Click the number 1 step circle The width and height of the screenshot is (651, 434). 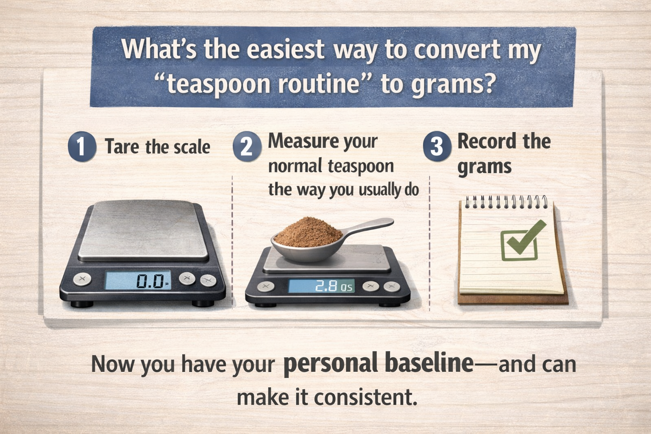[x=82, y=147]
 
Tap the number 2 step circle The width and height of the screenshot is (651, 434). [x=247, y=147]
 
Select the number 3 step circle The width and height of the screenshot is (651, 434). [x=437, y=147]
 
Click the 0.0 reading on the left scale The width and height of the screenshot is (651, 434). [x=150, y=281]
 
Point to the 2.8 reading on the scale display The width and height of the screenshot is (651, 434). [x=326, y=287]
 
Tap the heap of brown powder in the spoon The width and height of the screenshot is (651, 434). [x=308, y=232]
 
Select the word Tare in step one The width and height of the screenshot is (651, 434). [x=122, y=147]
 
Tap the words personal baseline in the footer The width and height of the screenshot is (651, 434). [x=378, y=363]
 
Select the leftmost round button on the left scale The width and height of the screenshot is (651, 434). [x=82, y=279]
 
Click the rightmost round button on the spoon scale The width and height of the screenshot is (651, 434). [x=392, y=287]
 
